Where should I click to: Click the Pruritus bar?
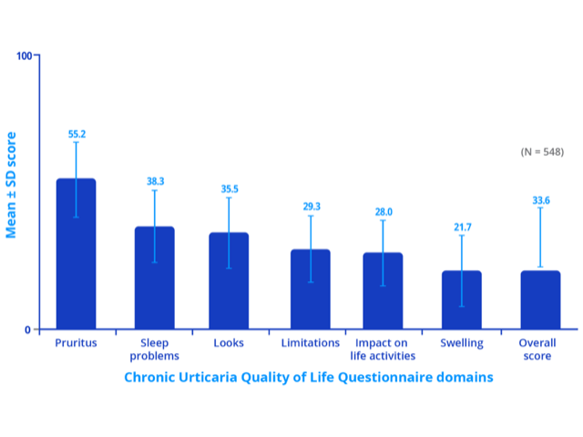click(76, 254)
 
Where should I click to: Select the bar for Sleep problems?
click(154, 278)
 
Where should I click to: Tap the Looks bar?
click(228, 280)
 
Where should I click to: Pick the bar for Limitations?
click(310, 290)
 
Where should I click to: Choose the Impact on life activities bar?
click(383, 291)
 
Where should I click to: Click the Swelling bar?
click(461, 300)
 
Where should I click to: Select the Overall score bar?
click(540, 300)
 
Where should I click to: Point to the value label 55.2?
click(77, 134)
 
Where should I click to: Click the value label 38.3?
click(155, 181)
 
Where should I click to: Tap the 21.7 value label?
click(462, 227)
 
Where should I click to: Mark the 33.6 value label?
click(541, 199)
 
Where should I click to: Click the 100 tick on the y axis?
click(25, 56)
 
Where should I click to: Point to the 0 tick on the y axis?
click(27, 330)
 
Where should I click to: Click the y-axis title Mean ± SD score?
click(12, 192)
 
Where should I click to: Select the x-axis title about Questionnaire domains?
click(308, 376)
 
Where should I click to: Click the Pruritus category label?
click(76, 343)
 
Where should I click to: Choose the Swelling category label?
click(461, 343)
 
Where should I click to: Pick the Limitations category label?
click(310, 343)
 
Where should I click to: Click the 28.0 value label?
click(383, 211)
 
